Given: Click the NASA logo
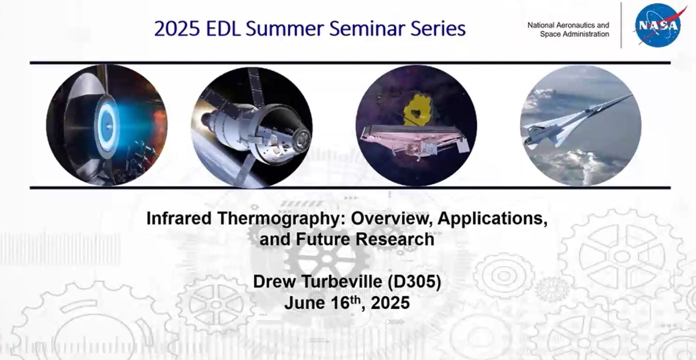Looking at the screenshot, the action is (x=658, y=25).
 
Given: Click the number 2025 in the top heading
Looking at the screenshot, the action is (x=177, y=29).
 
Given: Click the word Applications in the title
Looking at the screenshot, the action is (x=492, y=218).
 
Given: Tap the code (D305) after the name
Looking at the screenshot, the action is (x=414, y=282).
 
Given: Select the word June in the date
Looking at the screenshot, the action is (x=303, y=303).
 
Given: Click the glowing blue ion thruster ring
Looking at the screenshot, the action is (x=107, y=126).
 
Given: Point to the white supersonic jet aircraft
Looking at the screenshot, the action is (x=575, y=124).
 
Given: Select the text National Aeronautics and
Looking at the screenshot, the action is (x=568, y=25).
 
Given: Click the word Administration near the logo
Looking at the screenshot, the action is (x=586, y=34).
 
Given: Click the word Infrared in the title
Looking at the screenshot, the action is (x=179, y=218).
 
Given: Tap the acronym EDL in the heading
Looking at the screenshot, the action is (x=223, y=29).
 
